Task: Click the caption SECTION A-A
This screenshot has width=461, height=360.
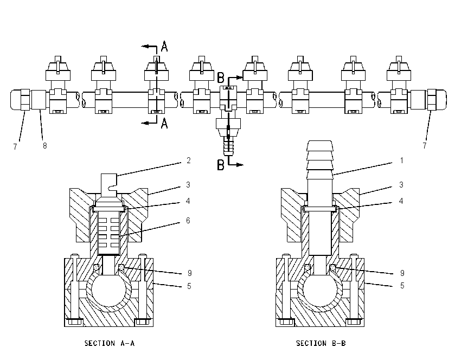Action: pyautogui.click(x=110, y=343)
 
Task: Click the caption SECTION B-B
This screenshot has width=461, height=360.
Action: pyautogui.click(x=321, y=343)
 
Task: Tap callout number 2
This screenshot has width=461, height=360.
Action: pyautogui.click(x=188, y=160)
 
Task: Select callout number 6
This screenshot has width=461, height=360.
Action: pyautogui.click(x=188, y=221)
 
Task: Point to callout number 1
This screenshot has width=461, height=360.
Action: pyautogui.click(x=401, y=160)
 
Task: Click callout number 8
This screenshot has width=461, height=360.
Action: pyautogui.click(x=44, y=146)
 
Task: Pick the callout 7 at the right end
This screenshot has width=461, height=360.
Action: pyautogui.click(x=424, y=146)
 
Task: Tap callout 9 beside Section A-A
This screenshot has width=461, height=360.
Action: pyautogui.click(x=190, y=273)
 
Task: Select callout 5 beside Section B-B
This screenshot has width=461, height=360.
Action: pyautogui.click(x=402, y=286)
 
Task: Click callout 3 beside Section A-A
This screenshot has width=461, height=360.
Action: pyautogui.click(x=188, y=185)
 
